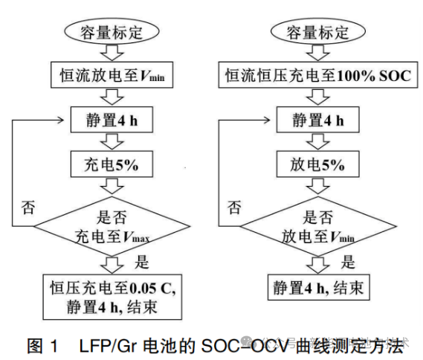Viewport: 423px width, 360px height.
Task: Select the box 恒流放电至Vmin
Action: pos(111,75)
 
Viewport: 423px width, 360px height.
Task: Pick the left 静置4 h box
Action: pos(111,118)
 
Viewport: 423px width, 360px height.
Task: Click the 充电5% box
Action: pos(111,161)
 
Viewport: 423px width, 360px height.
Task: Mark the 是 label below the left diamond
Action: pos(143,261)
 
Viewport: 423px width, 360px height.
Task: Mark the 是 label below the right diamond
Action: pos(349,261)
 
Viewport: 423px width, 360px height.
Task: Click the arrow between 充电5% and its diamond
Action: pos(111,182)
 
